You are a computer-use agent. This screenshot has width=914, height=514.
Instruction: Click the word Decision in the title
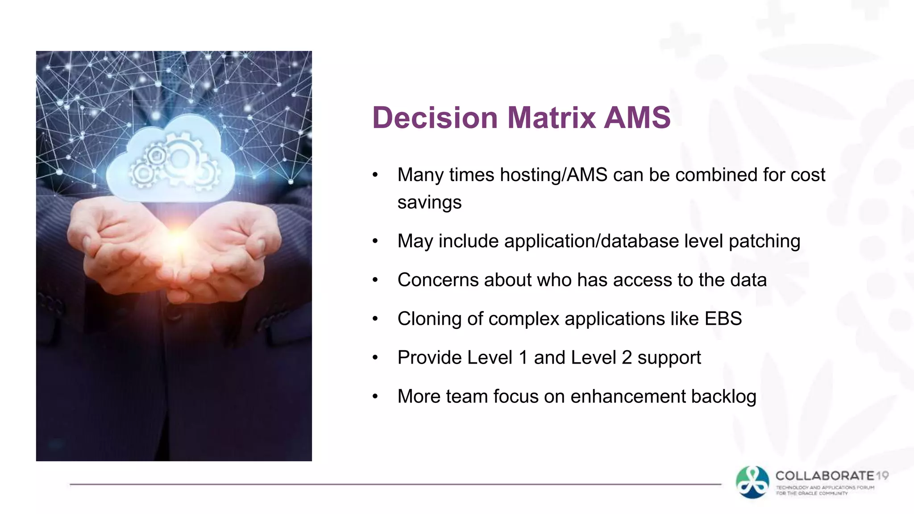click(435, 118)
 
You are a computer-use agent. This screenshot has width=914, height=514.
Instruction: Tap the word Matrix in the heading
click(552, 118)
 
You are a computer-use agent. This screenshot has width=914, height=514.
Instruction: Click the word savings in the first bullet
click(429, 203)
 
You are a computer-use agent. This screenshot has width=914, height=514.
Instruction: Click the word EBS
click(723, 319)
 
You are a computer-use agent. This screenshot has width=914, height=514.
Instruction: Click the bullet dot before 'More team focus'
click(375, 397)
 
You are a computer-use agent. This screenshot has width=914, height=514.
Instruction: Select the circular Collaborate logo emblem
click(752, 482)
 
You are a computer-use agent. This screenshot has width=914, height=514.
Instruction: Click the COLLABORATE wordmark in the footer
click(825, 476)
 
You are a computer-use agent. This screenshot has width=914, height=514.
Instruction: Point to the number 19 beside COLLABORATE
click(882, 476)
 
